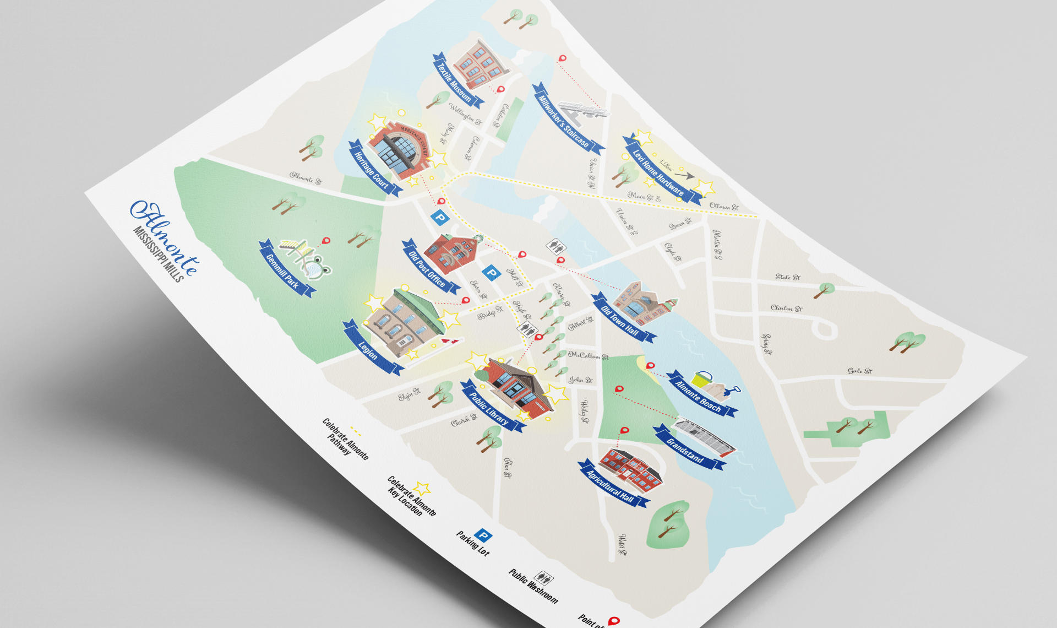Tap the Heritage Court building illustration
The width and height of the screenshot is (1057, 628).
pos(399,147)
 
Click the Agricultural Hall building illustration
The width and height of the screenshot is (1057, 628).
pos(631,469)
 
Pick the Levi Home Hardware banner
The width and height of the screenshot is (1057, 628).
pos(658,171)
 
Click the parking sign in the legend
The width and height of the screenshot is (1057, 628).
pos(483,534)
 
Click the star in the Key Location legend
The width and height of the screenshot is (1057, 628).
pos(422,488)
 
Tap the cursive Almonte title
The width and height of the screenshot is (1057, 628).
pos(165,237)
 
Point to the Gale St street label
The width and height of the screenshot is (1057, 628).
pos(860,371)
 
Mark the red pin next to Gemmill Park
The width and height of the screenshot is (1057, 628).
pos(326,241)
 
